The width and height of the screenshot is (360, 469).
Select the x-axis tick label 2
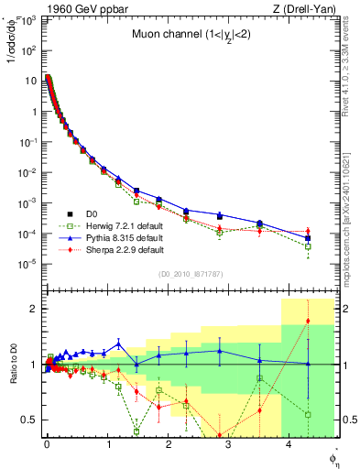[168, 444]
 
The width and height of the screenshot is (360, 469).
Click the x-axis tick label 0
[47, 444]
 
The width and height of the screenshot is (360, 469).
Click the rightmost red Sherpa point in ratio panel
[308, 321]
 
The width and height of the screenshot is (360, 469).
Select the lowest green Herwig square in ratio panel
[136, 431]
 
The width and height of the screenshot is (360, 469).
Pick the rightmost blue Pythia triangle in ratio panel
[308, 364]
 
